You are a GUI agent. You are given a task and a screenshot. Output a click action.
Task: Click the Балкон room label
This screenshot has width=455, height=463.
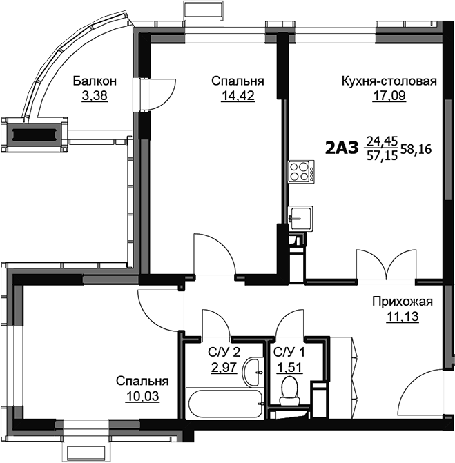tap(95, 81)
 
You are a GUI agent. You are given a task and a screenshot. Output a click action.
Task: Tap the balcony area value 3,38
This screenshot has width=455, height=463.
tap(95, 96)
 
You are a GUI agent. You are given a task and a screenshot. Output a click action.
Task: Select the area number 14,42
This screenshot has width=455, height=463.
tap(238, 96)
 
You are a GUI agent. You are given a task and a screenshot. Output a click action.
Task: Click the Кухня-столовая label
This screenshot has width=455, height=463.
tap(389, 81)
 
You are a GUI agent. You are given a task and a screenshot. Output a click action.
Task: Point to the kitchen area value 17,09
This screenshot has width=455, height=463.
tap(389, 96)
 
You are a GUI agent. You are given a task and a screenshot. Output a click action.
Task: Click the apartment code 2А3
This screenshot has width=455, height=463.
tap(342, 148)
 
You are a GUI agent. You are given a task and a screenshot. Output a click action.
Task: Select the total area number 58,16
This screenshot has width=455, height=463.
tap(416, 150)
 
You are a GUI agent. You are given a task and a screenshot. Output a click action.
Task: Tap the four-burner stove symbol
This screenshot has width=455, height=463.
tap(301, 172)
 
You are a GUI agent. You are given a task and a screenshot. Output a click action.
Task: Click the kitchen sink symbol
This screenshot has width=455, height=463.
tap(300, 219)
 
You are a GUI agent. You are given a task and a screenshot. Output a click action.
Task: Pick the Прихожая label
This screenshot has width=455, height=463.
tap(402, 302)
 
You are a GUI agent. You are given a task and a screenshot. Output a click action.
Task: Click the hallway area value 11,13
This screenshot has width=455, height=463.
tap(402, 317)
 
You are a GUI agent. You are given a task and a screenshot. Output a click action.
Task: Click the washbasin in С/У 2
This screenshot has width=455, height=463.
tap(253, 373)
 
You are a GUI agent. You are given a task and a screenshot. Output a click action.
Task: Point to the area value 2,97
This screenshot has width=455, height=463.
tap(224, 368)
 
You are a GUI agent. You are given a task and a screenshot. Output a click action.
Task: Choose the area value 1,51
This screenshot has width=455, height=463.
tap(289, 368)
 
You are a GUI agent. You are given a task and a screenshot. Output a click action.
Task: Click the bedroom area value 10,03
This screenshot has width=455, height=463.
tap(142, 396)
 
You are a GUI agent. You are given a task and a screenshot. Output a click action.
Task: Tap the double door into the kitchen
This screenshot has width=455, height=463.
tap(386, 264)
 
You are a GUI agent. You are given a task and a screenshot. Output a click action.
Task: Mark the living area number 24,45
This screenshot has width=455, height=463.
tap(383, 141)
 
